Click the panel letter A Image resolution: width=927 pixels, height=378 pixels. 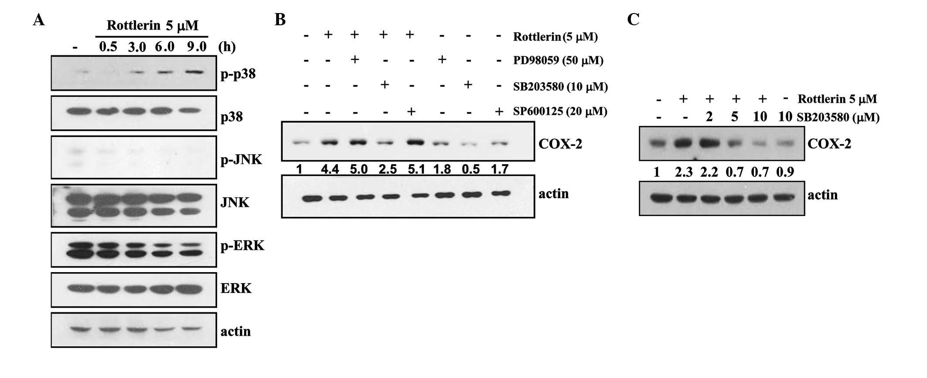39,20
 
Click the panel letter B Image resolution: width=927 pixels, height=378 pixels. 280,20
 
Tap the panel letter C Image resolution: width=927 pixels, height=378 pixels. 633,20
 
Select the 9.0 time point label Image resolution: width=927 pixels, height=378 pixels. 197,46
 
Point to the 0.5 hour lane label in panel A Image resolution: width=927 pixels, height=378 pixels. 108,46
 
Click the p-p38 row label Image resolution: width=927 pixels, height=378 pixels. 238,74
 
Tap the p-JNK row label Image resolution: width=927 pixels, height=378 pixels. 241,159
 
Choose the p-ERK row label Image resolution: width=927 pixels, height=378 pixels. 242,245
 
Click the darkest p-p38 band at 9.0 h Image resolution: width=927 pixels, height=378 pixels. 195,72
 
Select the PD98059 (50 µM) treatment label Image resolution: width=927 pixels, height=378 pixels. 558,60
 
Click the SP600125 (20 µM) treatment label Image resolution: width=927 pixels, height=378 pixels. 560,111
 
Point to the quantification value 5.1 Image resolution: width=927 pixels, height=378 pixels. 416,169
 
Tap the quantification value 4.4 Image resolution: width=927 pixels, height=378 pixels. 330,169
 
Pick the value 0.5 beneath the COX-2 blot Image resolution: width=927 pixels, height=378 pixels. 470,169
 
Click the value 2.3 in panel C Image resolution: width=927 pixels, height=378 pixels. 684,172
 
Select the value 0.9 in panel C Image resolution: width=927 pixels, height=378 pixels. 785,172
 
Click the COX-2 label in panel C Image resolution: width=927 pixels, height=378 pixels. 829,144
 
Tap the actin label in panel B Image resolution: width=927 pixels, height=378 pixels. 553,193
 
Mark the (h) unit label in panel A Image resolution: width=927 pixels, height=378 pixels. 226,47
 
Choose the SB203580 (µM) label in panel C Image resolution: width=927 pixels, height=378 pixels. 838,118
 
